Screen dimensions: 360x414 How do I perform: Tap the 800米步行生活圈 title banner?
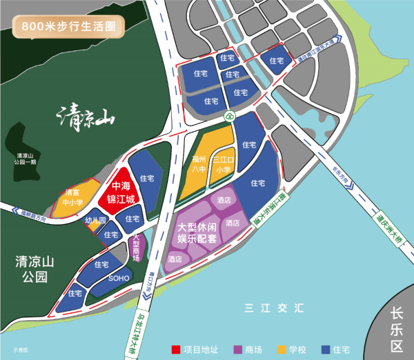pyautogui.click(x=68, y=28)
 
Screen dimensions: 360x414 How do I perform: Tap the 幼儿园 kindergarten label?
pyautogui.click(x=95, y=221)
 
